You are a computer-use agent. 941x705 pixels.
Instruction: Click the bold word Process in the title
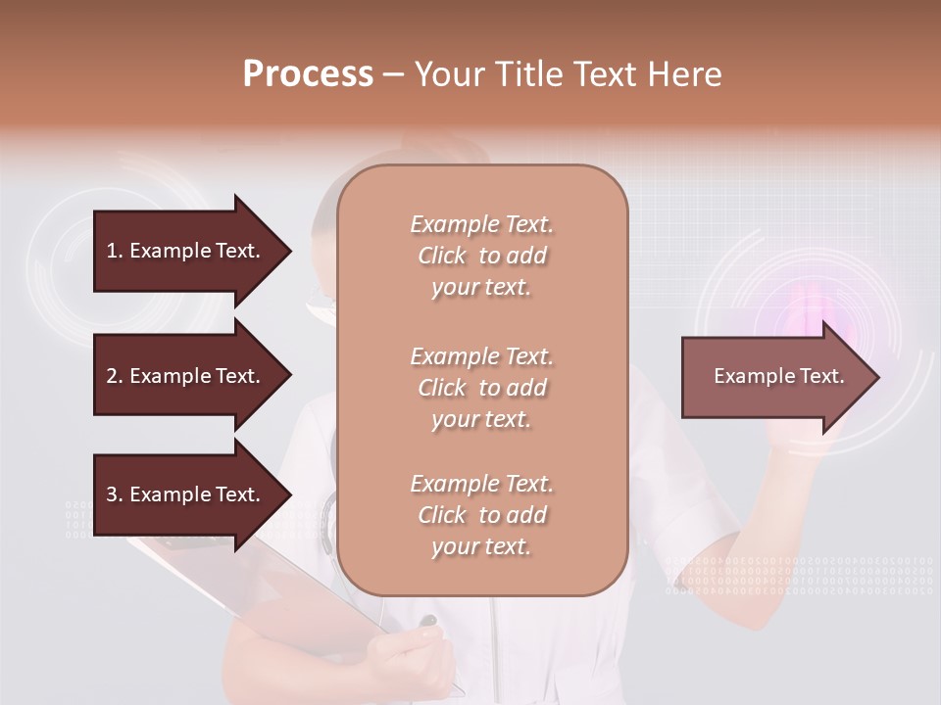click(308, 74)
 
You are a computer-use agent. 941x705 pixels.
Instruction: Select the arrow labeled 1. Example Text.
click(183, 251)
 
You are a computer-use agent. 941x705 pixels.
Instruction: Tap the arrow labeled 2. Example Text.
click(183, 376)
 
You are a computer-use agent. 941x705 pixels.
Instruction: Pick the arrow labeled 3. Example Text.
click(183, 494)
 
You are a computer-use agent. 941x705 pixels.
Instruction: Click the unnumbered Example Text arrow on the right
click(778, 377)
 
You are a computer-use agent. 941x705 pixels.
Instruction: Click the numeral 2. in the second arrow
click(115, 376)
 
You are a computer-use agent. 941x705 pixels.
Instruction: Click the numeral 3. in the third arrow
click(115, 494)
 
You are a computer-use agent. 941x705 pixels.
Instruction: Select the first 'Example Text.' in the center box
click(481, 224)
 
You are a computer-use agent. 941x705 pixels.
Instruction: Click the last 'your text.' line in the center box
click(481, 546)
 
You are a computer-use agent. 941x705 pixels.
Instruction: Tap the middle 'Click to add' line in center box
click(481, 388)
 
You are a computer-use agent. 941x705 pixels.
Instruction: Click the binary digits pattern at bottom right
click(799, 576)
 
